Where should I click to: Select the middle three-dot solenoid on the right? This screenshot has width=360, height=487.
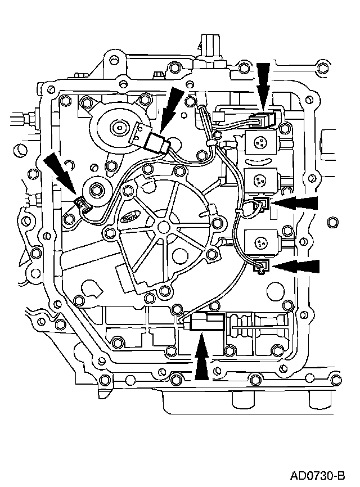click(x=259, y=181)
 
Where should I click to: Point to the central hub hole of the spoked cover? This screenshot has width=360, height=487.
click(x=163, y=227)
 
